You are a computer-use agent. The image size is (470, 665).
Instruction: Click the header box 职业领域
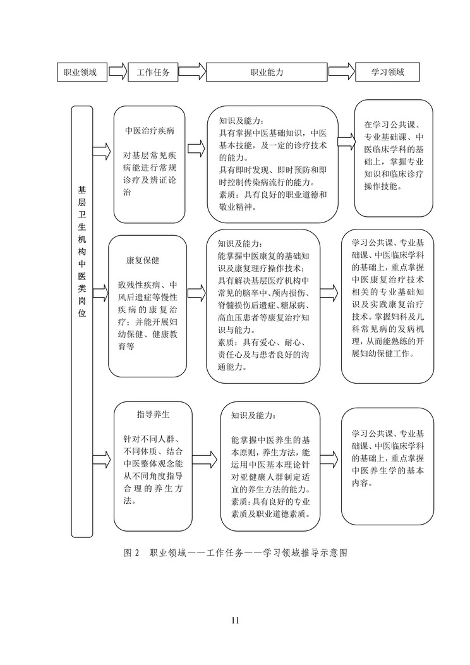81,72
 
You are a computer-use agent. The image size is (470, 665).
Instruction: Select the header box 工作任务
153,72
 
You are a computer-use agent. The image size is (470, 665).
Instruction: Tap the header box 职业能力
267,72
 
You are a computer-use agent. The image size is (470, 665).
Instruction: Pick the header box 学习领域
387,72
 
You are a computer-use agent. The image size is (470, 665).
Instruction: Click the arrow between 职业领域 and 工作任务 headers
117,71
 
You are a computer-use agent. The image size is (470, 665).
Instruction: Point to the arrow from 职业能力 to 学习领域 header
342,71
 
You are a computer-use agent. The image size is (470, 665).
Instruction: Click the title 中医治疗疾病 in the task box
149,131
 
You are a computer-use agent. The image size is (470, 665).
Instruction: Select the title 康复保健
143,260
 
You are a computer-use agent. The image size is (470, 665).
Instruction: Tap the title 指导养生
153,414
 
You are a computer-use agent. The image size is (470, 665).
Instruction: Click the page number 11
236,621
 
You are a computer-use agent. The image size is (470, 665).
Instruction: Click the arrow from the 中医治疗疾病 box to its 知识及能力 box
196,150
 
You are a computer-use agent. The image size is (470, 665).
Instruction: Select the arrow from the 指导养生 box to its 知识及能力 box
205,459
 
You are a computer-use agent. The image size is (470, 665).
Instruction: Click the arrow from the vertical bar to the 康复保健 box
101,293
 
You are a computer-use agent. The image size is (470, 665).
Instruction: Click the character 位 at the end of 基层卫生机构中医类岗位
81,313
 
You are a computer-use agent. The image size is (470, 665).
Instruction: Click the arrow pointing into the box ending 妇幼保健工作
329,293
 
